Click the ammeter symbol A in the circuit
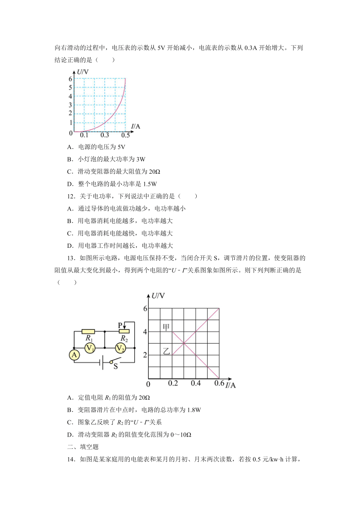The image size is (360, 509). pyautogui.click(x=75, y=355)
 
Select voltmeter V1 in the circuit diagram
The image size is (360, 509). pyautogui.click(x=89, y=347)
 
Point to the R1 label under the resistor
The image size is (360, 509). pyautogui.click(x=88, y=338)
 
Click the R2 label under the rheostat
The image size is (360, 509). pyautogui.click(x=124, y=338)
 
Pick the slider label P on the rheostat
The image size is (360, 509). pyautogui.click(x=120, y=325)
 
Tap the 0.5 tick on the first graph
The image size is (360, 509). pyautogui.click(x=125, y=136)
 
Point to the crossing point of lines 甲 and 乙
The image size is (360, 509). pyautogui.click(x=184, y=343)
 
